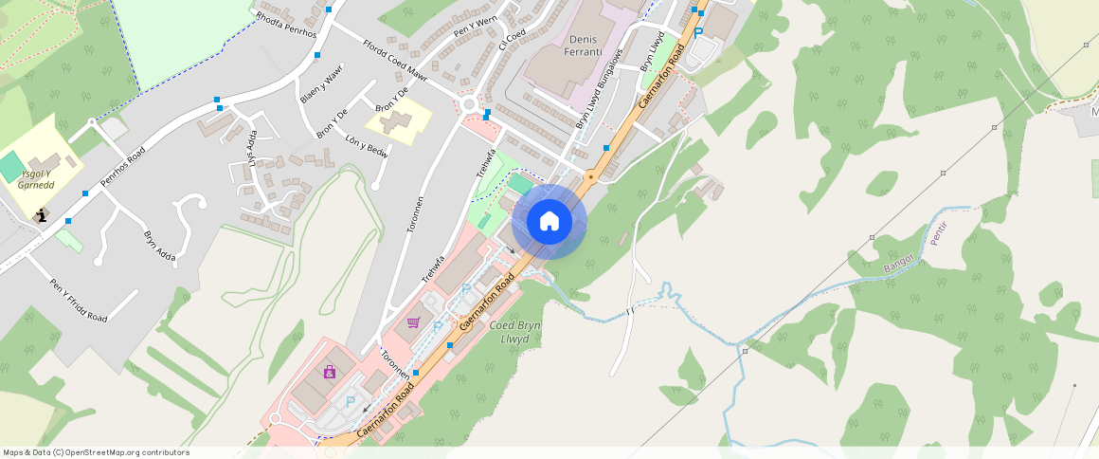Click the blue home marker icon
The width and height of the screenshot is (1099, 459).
coord(549,222)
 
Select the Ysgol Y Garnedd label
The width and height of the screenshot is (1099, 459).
coord(36,179)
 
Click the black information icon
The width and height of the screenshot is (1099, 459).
coord(42,215)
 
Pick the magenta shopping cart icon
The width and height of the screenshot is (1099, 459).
coord(413,322)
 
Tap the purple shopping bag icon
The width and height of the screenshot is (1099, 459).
coord(329,372)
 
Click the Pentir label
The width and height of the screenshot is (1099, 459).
coord(939,233)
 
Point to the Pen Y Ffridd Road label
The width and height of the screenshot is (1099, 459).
coord(79,300)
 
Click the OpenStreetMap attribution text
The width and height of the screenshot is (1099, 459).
coord(97,452)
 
